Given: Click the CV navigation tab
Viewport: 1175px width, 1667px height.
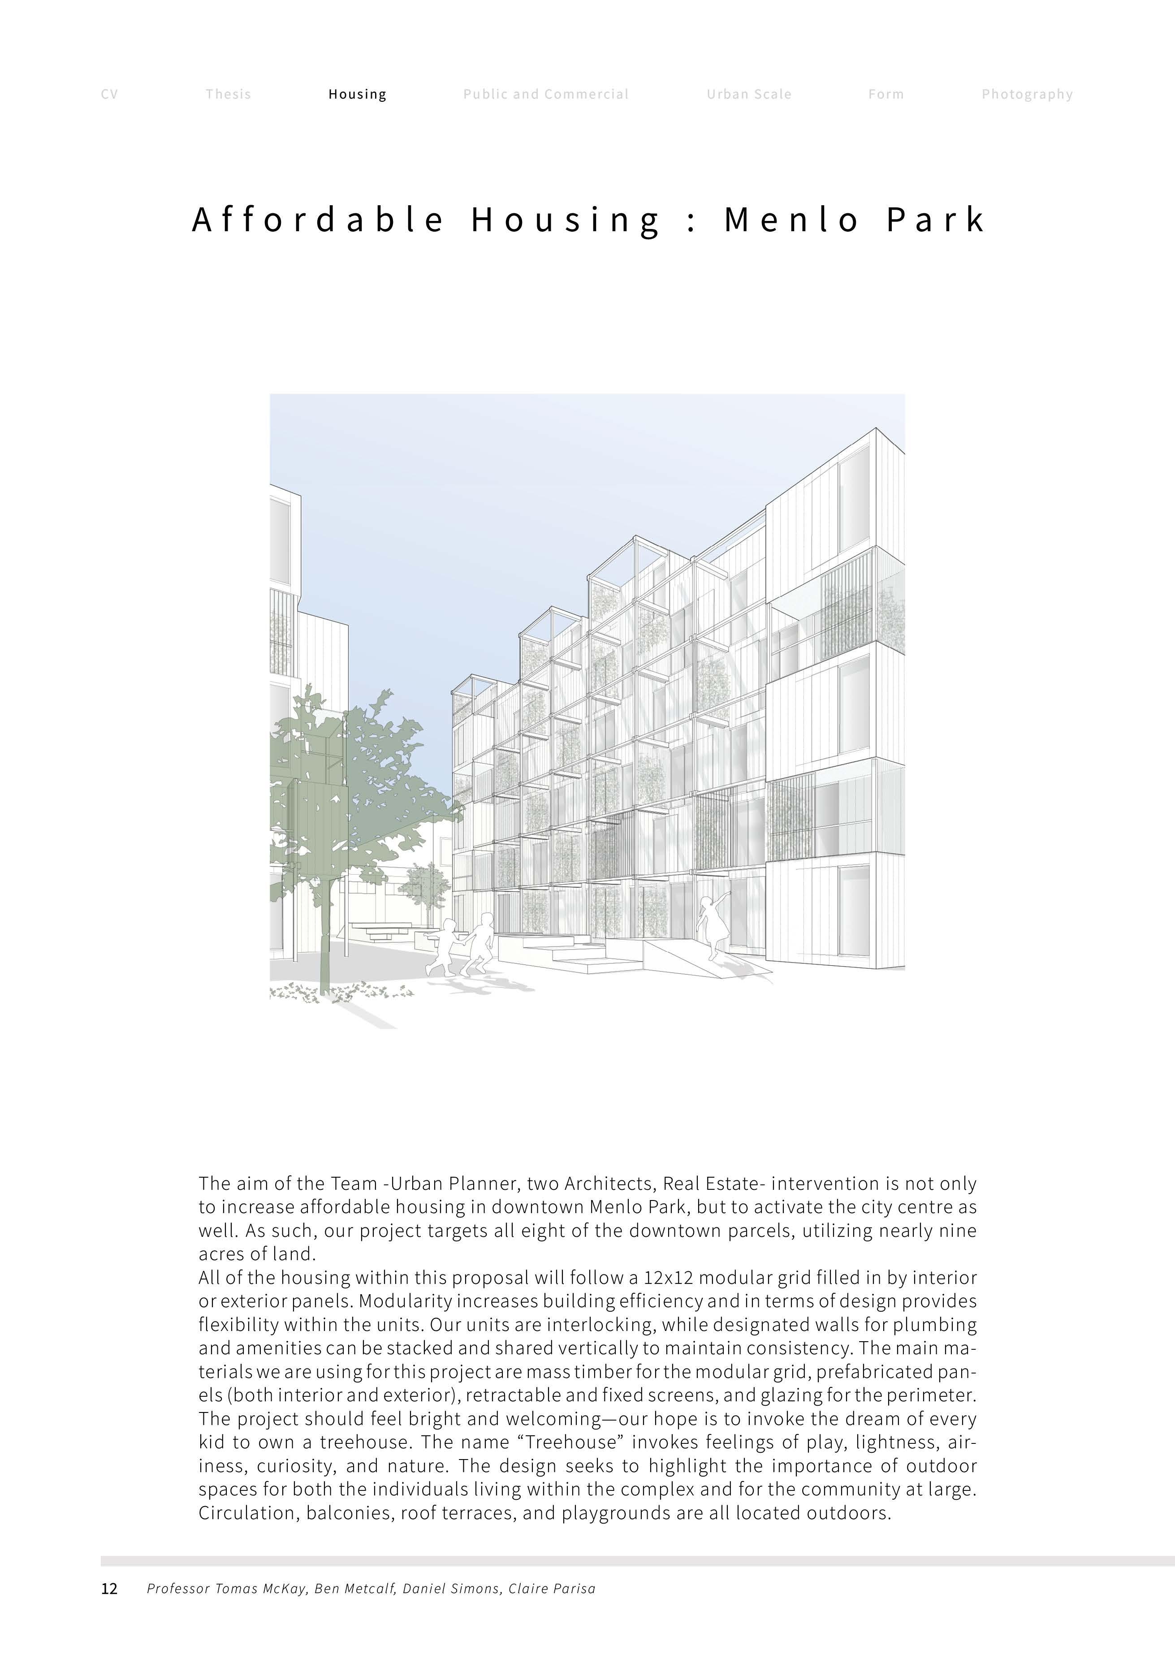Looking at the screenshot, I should coord(109,95).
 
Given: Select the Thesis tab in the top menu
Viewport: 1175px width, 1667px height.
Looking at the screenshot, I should coord(228,95).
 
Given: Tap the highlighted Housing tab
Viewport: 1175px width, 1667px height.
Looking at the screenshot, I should coord(357,95).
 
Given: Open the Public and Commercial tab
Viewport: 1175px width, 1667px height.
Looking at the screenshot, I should coord(545,95).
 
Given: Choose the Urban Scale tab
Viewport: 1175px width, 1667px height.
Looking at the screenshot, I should coord(749,95).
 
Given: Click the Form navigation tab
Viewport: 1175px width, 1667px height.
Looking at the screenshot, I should coord(886,95).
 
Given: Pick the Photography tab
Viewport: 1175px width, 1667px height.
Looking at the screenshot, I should coord(1027,95).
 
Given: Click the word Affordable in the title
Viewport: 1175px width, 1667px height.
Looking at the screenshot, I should coord(318,219).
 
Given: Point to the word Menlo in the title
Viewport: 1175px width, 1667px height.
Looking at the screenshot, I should coord(791,219).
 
